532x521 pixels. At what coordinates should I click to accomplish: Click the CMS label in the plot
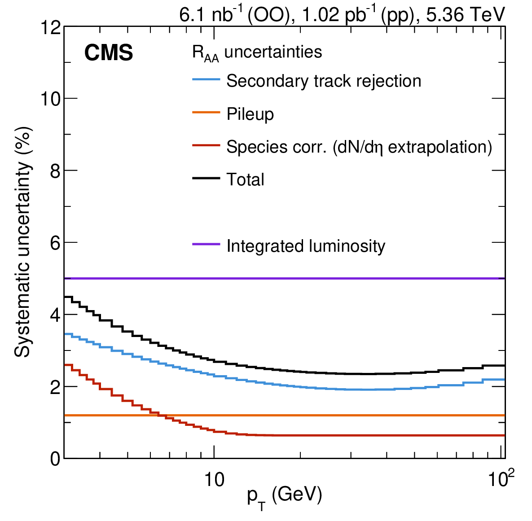pos(109,53)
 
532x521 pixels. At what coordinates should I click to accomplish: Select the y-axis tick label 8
pos(55,171)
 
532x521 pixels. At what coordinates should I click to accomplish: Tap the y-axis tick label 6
pos(55,243)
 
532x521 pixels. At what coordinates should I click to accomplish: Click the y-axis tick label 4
pos(55,315)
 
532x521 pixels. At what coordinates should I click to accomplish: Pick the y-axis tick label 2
pos(55,387)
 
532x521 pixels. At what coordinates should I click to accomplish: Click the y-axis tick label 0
pos(55,459)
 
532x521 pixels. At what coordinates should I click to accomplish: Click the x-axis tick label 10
pos(214,480)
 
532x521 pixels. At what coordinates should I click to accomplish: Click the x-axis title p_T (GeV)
pos(284,496)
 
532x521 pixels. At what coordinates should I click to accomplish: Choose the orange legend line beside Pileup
pos(206,112)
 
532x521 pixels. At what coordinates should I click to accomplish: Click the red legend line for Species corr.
pos(206,145)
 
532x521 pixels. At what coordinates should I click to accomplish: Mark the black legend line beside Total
pos(206,178)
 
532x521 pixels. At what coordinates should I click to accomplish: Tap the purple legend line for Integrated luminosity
pos(206,244)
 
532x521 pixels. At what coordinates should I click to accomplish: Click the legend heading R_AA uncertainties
pos(257,53)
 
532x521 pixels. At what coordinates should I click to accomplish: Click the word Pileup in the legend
pos(250,114)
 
